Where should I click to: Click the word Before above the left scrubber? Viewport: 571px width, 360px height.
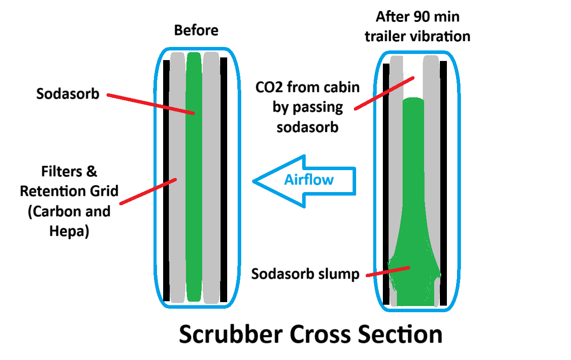[x=196, y=31]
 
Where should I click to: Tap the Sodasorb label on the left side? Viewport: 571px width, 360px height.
[x=68, y=94]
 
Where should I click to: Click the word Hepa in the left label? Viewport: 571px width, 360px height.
[x=69, y=231]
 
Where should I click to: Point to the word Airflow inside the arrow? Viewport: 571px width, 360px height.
[x=309, y=180]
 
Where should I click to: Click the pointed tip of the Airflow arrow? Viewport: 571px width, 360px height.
[x=255, y=181]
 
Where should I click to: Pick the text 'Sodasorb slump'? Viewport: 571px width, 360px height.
[x=305, y=274]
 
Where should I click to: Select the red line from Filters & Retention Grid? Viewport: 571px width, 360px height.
[x=148, y=191]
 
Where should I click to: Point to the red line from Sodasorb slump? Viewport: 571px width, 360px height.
[x=388, y=271]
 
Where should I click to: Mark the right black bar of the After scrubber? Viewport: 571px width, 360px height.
[x=443, y=184]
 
